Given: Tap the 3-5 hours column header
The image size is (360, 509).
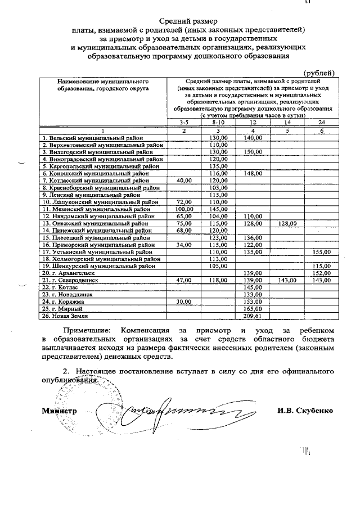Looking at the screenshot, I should [x=183, y=122].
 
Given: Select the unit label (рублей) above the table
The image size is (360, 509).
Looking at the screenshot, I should [x=319, y=73].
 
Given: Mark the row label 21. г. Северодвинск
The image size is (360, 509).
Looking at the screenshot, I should [x=69, y=280].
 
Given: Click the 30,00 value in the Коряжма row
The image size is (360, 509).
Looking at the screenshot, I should [x=183, y=301].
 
